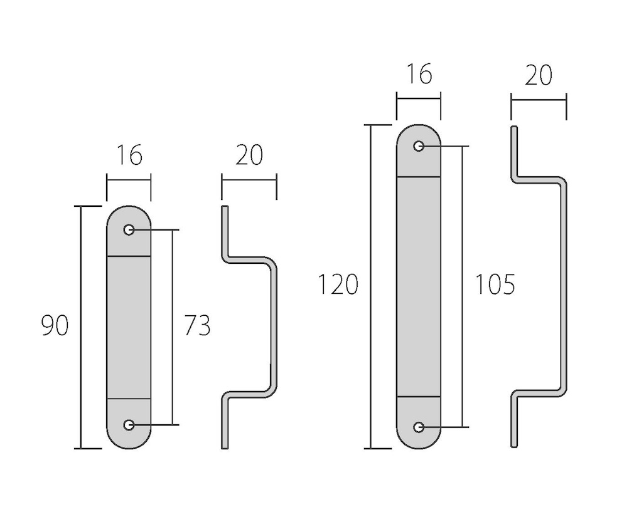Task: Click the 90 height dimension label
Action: pyautogui.click(x=55, y=326)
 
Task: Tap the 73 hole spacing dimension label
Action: pyautogui.click(x=197, y=325)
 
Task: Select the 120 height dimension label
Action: pyautogui.click(x=338, y=284)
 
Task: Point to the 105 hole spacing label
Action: pyautogui.click(x=495, y=284)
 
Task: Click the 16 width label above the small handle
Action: pyautogui.click(x=129, y=155)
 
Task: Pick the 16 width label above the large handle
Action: pyautogui.click(x=419, y=73)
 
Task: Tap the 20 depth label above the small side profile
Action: pyautogui.click(x=249, y=155)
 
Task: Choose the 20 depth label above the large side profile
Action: pyautogui.click(x=539, y=75)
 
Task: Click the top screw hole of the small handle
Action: pyautogui.click(x=129, y=230)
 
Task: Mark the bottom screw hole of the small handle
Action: pyautogui.click(x=129, y=425)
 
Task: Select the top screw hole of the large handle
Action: pyautogui.click(x=419, y=146)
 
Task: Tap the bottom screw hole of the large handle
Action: pyautogui.click(x=419, y=427)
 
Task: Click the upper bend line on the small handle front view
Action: pyautogui.click(x=129, y=256)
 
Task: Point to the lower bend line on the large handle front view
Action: pyautogui.click(x=419, y=397)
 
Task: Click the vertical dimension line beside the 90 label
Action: pyautogui.click(x=80, y=327)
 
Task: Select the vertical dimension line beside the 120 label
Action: pyautogui.click(x=370, y=286)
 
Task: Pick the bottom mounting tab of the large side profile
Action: pyautogui.click(x=514, y=420)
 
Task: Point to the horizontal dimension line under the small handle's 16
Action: pyautogui.click(x=129, y=180)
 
